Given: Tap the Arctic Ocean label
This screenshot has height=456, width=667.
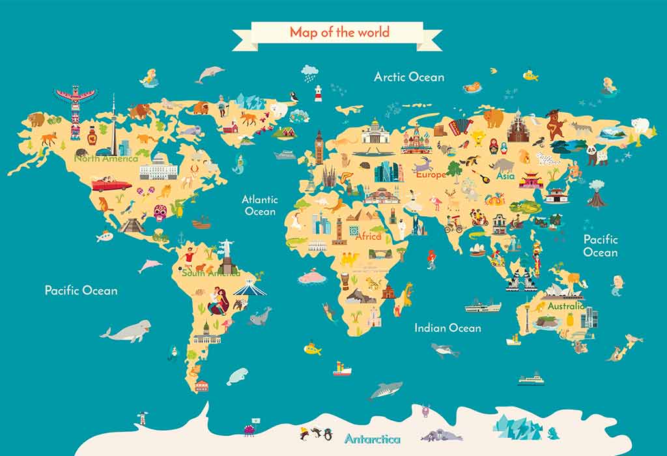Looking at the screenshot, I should tap(408, 77).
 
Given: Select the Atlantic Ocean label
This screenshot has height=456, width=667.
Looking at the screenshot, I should tap(260, 205).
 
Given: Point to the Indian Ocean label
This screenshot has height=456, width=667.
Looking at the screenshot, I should tap(447, 328).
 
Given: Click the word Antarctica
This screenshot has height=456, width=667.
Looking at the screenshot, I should tap(373, 438).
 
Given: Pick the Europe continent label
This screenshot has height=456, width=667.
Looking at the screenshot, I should tap(431, 175).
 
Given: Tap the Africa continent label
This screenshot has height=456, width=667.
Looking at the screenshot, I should tap(369, 236).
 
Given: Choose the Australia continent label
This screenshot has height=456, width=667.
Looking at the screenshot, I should tap(565, 306).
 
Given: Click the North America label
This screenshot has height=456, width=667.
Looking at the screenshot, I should tap(106, 158).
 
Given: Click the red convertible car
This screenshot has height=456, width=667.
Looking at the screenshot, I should tap(111, 184).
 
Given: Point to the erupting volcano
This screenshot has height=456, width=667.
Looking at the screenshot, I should tap(596, 193).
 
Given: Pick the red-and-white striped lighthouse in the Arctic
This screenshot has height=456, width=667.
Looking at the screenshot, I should tap(319, 93).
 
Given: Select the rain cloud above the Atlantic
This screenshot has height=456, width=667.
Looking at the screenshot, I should tap(310, 70).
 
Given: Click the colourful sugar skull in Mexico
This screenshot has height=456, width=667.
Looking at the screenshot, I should tap(160, 212).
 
